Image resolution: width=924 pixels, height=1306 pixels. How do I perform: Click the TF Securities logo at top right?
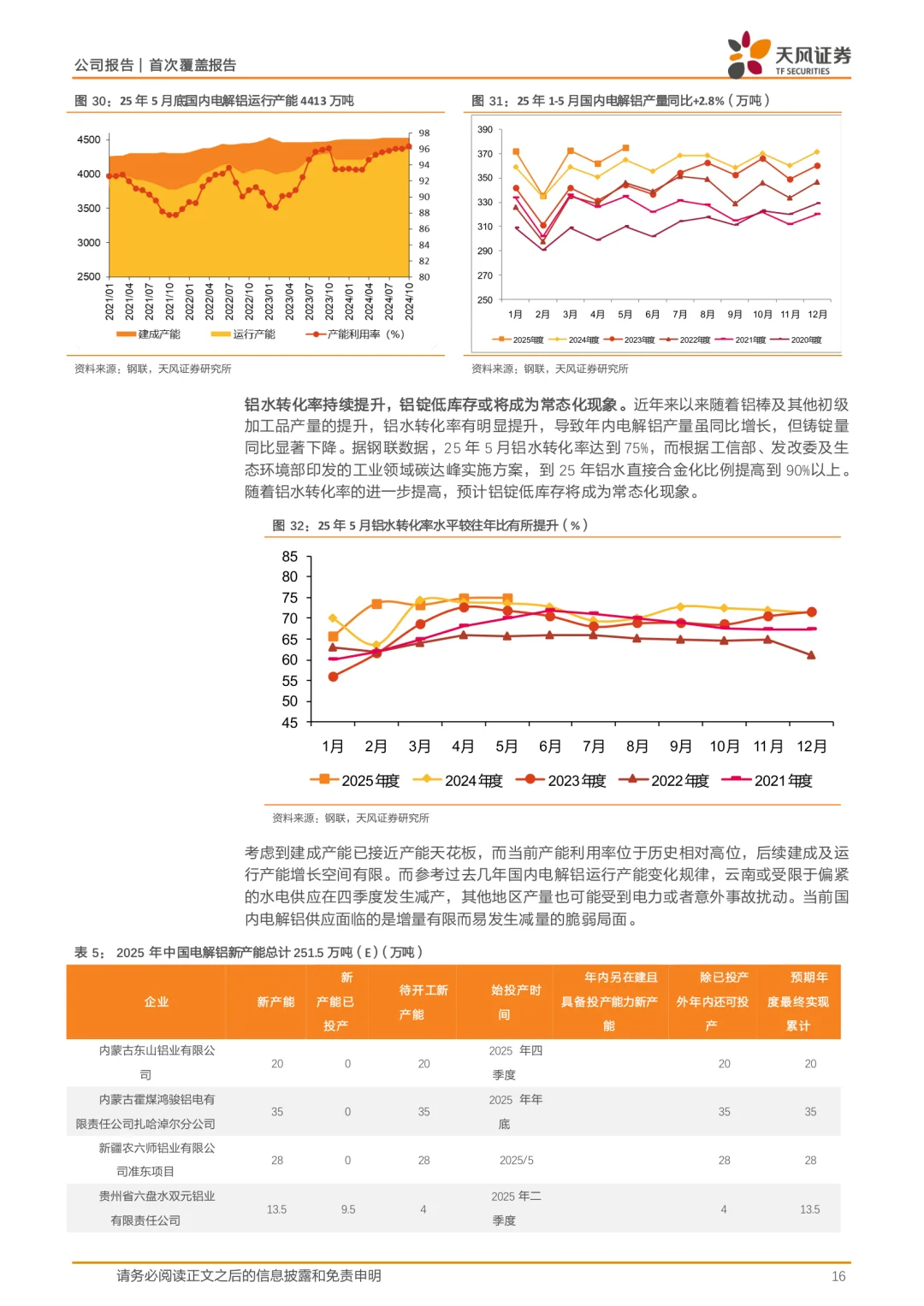pyautogui.click(x=788, y=56)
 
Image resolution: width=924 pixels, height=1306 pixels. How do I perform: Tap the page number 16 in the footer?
pyautogui.click(x=838, y=1276)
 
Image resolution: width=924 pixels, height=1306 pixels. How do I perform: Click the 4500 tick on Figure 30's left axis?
pyautogui.click(x=89, y=139)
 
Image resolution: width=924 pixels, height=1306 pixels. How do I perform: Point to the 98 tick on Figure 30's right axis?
pyautogui.click(x=424, y=133)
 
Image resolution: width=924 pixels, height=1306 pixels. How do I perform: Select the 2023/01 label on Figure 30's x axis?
pyautogui.click(x=269, y=301)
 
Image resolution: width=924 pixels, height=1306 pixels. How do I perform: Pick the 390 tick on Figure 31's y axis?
pyautogui.click(x=485, y=130)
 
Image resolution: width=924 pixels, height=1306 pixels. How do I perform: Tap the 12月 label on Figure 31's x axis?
pyautogui.click(x=817, y=315)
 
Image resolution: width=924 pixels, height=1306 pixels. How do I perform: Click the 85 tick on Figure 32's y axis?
pyautogui.click(x=290, y=557)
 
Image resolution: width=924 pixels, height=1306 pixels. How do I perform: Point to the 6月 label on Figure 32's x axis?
pyautogui.click(x=550, y=747)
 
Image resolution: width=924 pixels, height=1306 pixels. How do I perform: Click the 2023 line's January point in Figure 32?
pyautogui.click(x=333, y=677)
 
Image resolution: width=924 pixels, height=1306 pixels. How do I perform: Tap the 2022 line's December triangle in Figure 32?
pyautogui.click(x=811, y=655)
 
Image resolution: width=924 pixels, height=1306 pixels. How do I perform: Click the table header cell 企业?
pyautogui.click(x=157, y=1002)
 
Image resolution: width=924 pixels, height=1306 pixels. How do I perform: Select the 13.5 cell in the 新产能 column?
pyautogui.click(x=276, y=1209)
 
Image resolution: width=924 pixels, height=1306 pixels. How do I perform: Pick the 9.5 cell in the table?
pyautogui.click(x=347, y=1209)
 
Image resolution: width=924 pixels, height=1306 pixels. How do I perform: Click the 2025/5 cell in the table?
pyautogui.click(x=516, y=1161)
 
